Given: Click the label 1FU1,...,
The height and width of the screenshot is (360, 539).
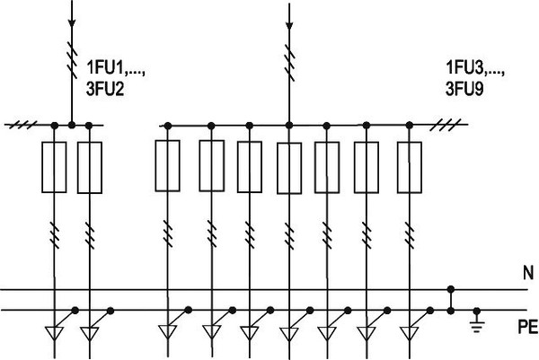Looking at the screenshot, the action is pos(116,68).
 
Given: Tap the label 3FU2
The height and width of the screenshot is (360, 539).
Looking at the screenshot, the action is pos(105,89).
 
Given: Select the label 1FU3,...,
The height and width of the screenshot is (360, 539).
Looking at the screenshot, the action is pos(475,67).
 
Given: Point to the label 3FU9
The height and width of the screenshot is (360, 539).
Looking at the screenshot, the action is pos(464,89).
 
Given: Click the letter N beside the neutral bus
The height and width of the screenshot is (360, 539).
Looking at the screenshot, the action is pos(528,273).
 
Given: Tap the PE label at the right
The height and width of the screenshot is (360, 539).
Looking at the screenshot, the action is pos(528,327).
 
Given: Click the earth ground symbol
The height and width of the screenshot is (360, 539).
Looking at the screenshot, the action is pos(476,321).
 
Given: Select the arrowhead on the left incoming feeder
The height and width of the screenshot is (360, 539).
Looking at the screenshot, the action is pos(72,23).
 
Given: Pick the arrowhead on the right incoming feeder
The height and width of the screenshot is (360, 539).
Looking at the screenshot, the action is pos(289,26).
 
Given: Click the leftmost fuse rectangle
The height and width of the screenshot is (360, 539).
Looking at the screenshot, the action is pos(54,167).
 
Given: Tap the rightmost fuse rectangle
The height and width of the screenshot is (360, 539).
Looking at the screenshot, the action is pos(410,167).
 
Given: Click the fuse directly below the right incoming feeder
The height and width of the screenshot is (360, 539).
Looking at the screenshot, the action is pos(289,168).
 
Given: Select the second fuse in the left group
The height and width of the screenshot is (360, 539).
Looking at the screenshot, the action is pos(90,168).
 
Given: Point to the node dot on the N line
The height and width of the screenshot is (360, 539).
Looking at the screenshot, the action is pos(451,288).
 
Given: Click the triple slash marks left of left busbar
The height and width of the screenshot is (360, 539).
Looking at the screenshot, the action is pos(22,125).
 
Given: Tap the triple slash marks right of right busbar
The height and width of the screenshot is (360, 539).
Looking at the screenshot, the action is pos(446,125).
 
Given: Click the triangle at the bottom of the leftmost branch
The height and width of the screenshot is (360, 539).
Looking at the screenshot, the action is pos(54,332).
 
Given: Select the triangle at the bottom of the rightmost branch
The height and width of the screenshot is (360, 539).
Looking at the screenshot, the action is pos(410,332).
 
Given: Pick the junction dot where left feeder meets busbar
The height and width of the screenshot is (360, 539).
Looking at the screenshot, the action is pos(72,125).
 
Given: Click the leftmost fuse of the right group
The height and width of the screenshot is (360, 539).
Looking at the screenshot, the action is pos(167,166).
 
